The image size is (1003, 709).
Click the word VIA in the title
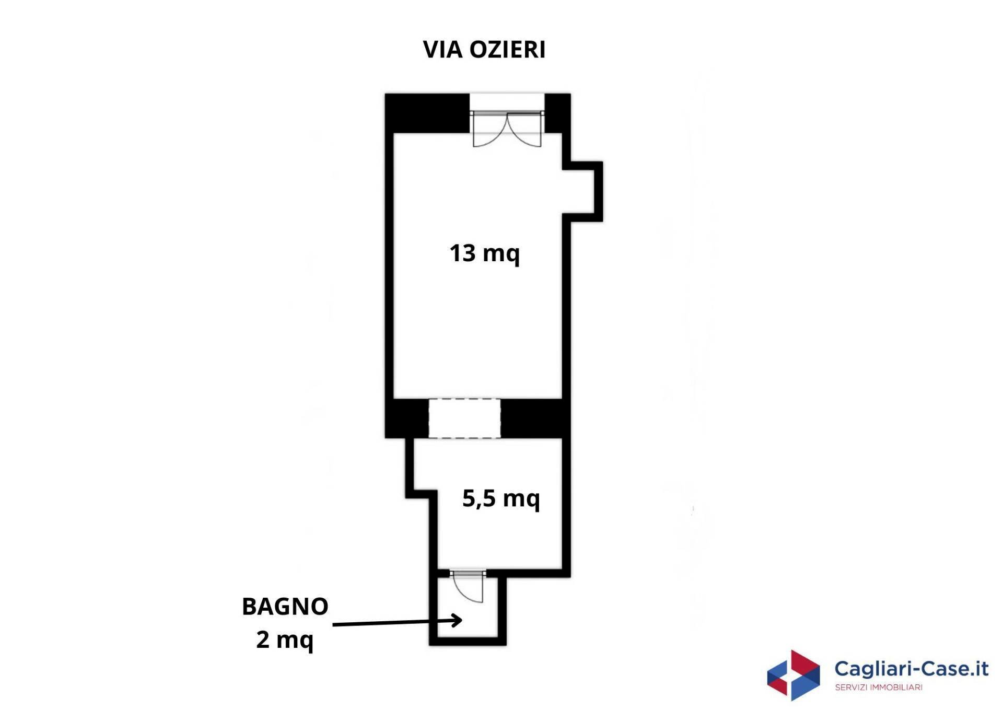(x=442, y=50)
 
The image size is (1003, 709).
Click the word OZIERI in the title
(x=507, y=50)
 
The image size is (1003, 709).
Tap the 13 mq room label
(x=484, y=253)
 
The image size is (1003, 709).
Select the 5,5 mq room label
(x=500, y=498)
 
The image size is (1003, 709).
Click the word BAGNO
(x=285, y=607)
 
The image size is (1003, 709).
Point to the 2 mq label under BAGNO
(x=285, y=640)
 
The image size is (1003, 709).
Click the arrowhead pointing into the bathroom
(x=457, y=620)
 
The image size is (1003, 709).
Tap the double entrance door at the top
(x=507, y=128)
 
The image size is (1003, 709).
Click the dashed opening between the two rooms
(x=464, y=418)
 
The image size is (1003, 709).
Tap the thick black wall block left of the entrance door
(x=427, y=113)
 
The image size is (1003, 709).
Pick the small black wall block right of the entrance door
(x=557, y=113)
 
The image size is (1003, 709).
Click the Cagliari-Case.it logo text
(x=911, y=668)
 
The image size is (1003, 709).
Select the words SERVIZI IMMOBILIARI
(x=878, y=687)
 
